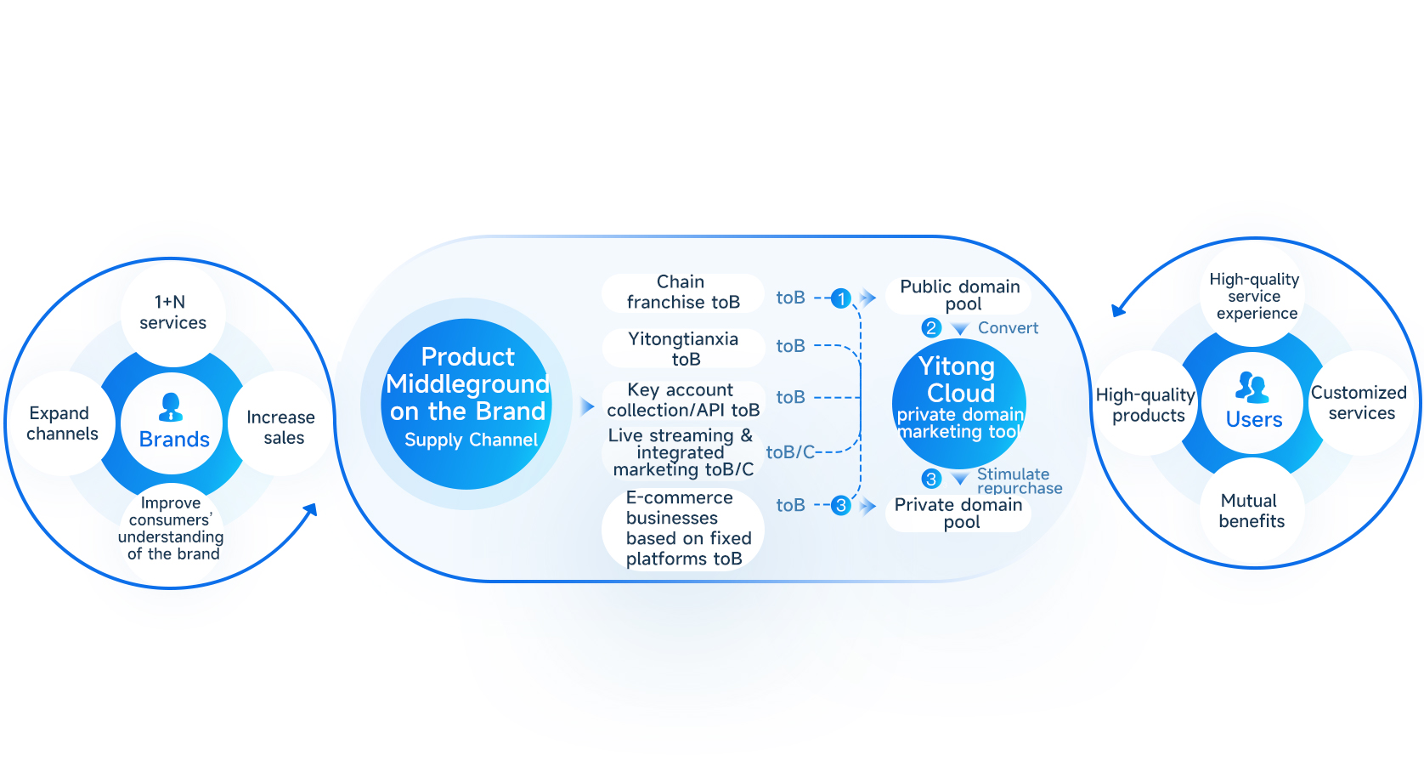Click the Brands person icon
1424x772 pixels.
(172, 407)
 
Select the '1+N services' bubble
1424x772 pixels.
(172, 312)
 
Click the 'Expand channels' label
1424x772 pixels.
(61, 423)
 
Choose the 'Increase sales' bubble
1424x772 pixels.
(281, 427)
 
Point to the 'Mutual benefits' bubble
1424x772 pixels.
(1252, 511)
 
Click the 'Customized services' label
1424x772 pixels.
(1359, 403)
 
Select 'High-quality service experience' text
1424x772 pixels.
(1254, 296)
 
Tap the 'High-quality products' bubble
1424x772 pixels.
(1146, 405)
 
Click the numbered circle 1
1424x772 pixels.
(840, 298)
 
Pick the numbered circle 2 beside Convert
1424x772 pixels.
(931, 327)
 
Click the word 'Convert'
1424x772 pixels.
(1008, 328)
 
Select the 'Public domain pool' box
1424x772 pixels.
(959, 295)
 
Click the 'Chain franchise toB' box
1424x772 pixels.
(682, 292)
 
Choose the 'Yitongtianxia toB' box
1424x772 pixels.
(684, 349)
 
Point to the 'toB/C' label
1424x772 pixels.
(790, 452)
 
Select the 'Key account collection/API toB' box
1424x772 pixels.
(683, 400)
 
